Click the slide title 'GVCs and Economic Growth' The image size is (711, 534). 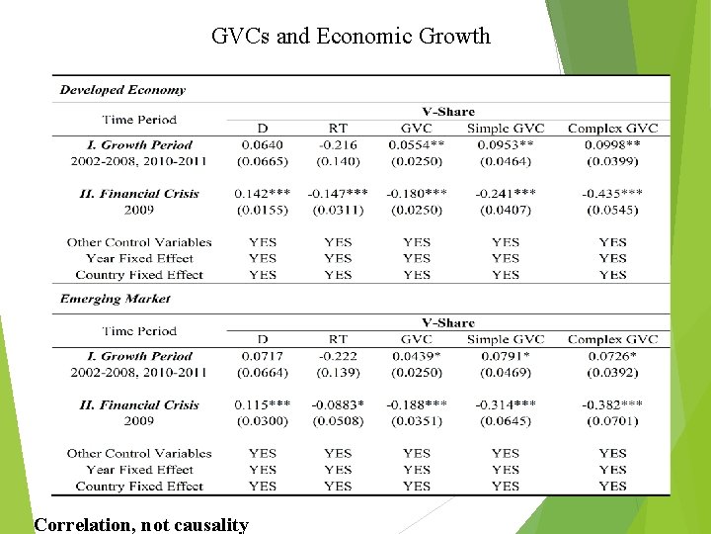pyautogui.click(x=351, y=37)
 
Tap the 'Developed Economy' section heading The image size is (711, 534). pyautogui.click(x=122, y=90)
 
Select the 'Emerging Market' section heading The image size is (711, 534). pyautogui.click(x=115, y=299)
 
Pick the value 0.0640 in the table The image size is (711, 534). pyautogui.click(x=262, y=144)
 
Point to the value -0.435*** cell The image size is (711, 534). pyautogui.click(x=612, y=194)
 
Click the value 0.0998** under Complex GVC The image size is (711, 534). pyautogui.click(x=612, y=144)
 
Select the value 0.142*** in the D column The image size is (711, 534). pyautogui.click(x=262, y=194)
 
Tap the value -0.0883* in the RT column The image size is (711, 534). pyautogui.click(x=338, y=404)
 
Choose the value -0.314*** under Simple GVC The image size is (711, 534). pyautogui.click(x=506, y=404)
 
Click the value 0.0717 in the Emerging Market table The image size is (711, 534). pyautogui.click(x=262, y=356)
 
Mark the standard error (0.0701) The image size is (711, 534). pyautogui.click(x=612, y=421)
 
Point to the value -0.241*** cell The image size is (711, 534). pyautogui.click(x=506, y=194)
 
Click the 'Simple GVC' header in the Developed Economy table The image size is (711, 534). pyautogui.click(x=506, y=129)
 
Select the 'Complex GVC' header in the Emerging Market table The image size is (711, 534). pyautogui.click(x=612, y=339)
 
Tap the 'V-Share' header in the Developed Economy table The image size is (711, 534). pyautogui.click(x=448, y=112)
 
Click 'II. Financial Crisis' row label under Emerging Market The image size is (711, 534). pyautogui.click(x=138, y=404)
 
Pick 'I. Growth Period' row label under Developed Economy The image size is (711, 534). pyautogui.click(x=138, y=144)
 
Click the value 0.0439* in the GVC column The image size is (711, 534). pyautogui.click(x=417, y=356)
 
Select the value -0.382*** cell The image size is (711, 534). pyautogui.click(x=612, y=404)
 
